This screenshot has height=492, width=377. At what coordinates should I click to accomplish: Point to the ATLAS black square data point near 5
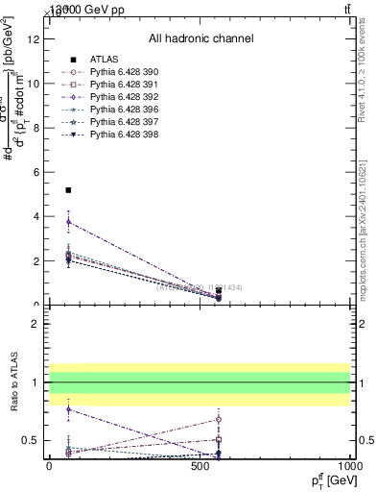pyautogui.click(x=68, y=190)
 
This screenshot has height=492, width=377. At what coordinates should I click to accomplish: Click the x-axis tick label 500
pyautogui.click(x=200, y=465)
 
